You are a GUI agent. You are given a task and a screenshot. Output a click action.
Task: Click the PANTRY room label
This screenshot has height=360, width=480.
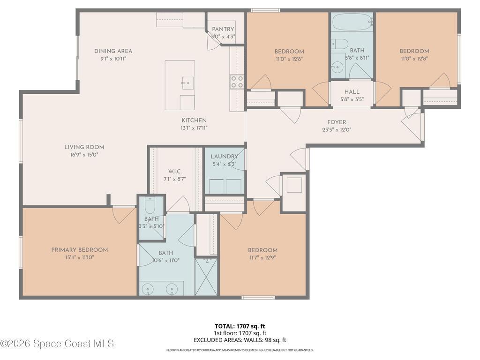[223, 29]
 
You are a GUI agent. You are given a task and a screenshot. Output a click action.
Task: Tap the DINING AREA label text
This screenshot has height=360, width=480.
[113, 52]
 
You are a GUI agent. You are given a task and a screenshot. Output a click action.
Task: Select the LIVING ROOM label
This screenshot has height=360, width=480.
[84, 147]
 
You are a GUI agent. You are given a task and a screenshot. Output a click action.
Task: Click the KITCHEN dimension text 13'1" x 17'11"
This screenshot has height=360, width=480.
[194, 128]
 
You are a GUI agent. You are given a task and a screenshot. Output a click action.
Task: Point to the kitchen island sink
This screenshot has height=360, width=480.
[187, 83]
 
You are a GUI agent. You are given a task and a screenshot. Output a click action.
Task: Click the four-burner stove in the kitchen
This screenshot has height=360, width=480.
[237, 82]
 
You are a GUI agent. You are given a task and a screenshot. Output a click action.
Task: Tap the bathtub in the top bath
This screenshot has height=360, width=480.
[352, 22]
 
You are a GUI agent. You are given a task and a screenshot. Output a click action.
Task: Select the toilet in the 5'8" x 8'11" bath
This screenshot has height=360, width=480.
[340, 45]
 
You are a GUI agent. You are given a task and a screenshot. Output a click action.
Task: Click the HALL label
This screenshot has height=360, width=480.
[352, 92]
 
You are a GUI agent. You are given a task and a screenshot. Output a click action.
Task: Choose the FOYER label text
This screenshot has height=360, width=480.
[337, 122]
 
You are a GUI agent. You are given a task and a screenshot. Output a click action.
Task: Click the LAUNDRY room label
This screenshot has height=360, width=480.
[224, 157]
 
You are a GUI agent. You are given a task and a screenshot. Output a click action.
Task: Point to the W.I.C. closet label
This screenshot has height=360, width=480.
[174, 172]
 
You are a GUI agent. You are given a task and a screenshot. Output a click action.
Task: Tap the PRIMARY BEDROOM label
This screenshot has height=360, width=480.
[80, 250]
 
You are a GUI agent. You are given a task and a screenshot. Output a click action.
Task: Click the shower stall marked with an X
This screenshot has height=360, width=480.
[206, 277]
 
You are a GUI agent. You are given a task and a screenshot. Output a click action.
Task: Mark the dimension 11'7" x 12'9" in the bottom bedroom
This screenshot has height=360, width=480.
[262, 257]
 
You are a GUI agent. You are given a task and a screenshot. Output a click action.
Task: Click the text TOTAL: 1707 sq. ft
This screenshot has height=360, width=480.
[240, 326]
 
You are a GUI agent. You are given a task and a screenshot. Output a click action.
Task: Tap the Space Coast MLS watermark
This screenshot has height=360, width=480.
[57, 344]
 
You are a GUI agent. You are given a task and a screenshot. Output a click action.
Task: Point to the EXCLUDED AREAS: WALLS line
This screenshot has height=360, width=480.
[240, 340]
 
